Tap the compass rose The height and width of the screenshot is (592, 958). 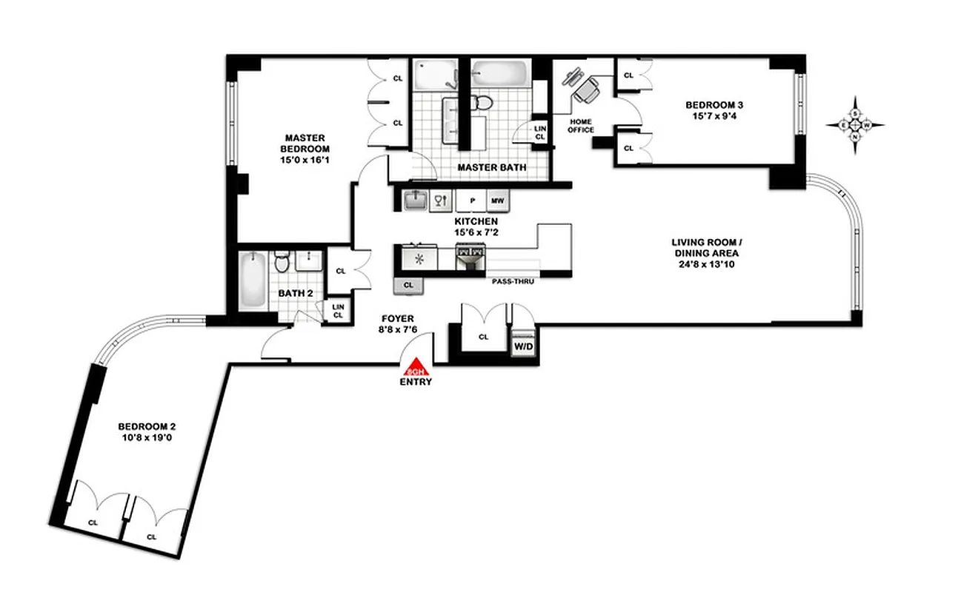[855, 125]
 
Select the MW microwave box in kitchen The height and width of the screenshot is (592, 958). [496, 200]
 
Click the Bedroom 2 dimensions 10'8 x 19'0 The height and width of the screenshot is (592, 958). [147, 438]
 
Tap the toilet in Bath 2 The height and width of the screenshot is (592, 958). [282, 263]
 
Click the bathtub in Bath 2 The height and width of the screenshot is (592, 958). [252, 281]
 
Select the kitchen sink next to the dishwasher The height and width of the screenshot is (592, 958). [414, 200]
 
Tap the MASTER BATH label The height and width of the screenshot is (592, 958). [491, 168]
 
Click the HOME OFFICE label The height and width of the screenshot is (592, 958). [582, 125]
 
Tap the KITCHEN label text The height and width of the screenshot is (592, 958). [476, 221]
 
